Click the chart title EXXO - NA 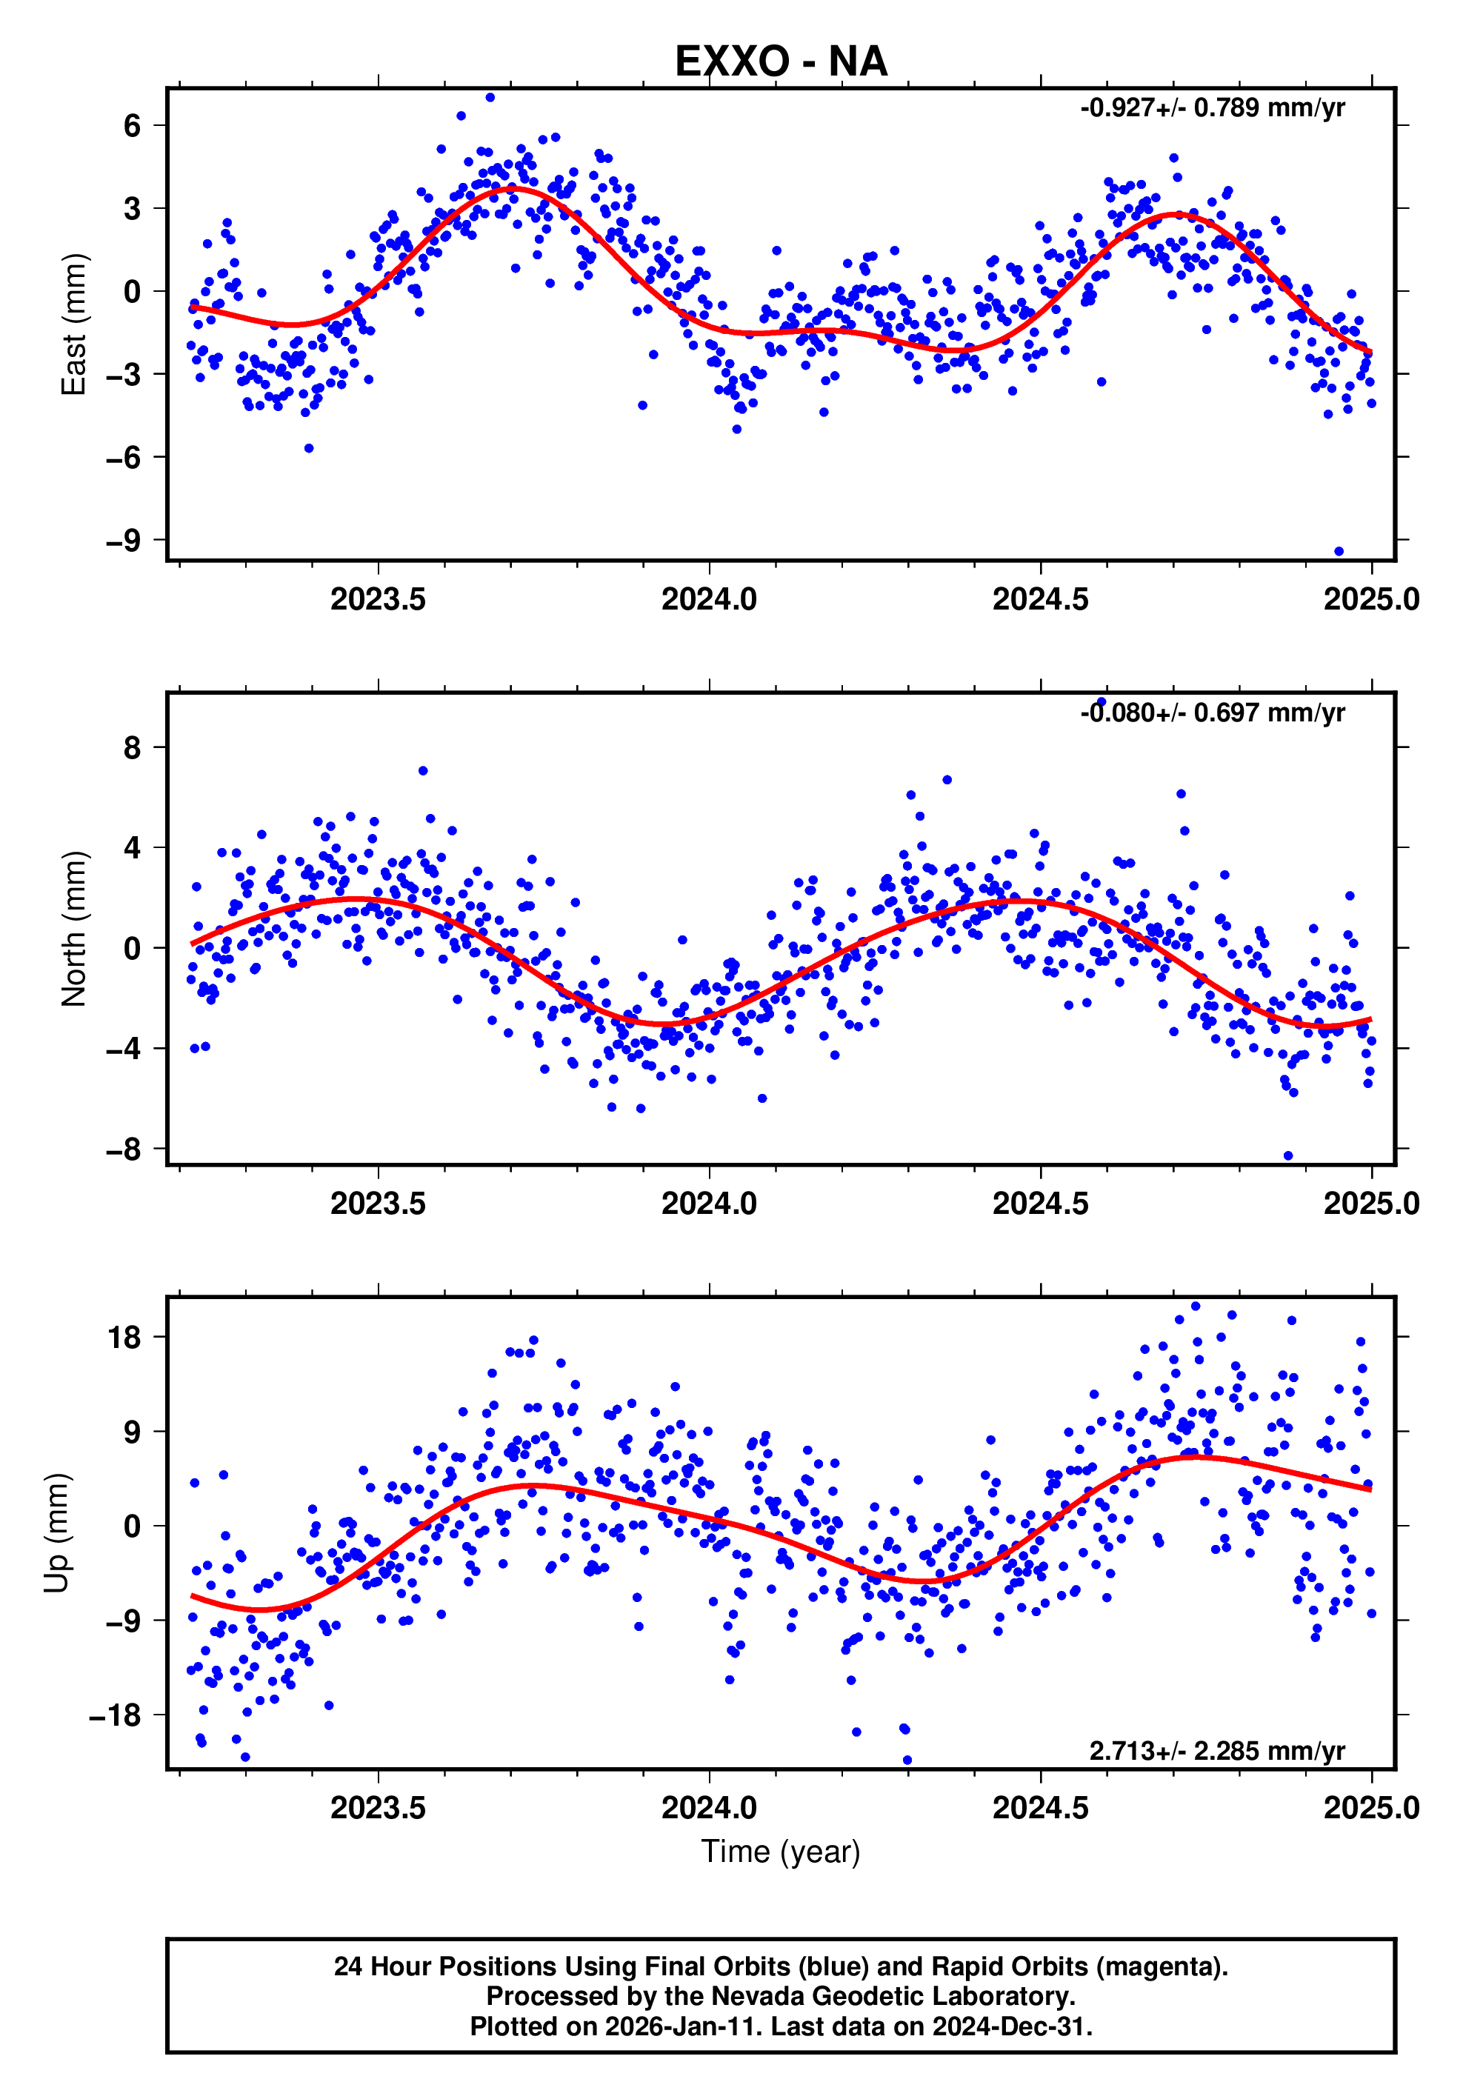pyautogui.click(x=781, y=61)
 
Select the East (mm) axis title pyautogui.click(x=73, y=324)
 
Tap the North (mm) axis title pyautogui.click(x=73, y=929)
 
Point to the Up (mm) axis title pyautogui.click(x=57, y=1533)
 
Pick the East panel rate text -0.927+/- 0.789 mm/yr pyautogui.click(x=1213, y=108)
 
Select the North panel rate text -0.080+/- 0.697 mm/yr pyautogui.click(x=1213, y=713)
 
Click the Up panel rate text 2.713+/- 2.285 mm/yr pyautogui.click(x=1216, y=1751)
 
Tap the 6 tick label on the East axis pyautogui.click(x=133, y=125)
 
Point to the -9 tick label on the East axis pyautogui.click(x=124, y=540)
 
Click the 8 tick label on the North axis pyautogui.click(x=133, y=748)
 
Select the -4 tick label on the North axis pyautogui.click(x=124, y=1049)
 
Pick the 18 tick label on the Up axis pyautogui.click(x=124, y=1338)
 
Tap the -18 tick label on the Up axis pyautogui.click(x=116, y=1715)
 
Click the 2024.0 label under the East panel pyautogui.click(x=710, y=600)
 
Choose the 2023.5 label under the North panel pyautogui.click(x=378, y=1204)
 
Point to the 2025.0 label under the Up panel pyautogui.click(x=1370, y=1808)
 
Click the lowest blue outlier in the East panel pyautogui.click(x=1339, y=551)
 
